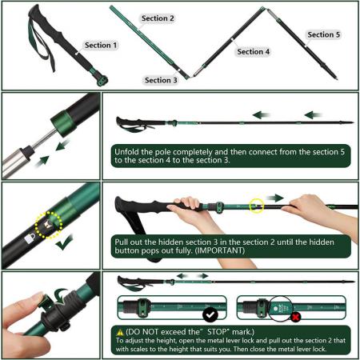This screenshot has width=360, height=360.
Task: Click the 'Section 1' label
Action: click(101, 46)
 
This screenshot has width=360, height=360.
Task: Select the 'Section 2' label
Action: click(158, 18)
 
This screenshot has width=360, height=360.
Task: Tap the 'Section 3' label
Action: click(162, 80)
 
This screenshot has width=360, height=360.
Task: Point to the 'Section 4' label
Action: click(254, 51)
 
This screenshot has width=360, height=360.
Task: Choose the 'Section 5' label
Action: click(324, 34)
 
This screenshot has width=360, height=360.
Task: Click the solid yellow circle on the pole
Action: click(256, 206)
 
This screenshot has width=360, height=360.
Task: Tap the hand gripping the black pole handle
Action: click(186, 212)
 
